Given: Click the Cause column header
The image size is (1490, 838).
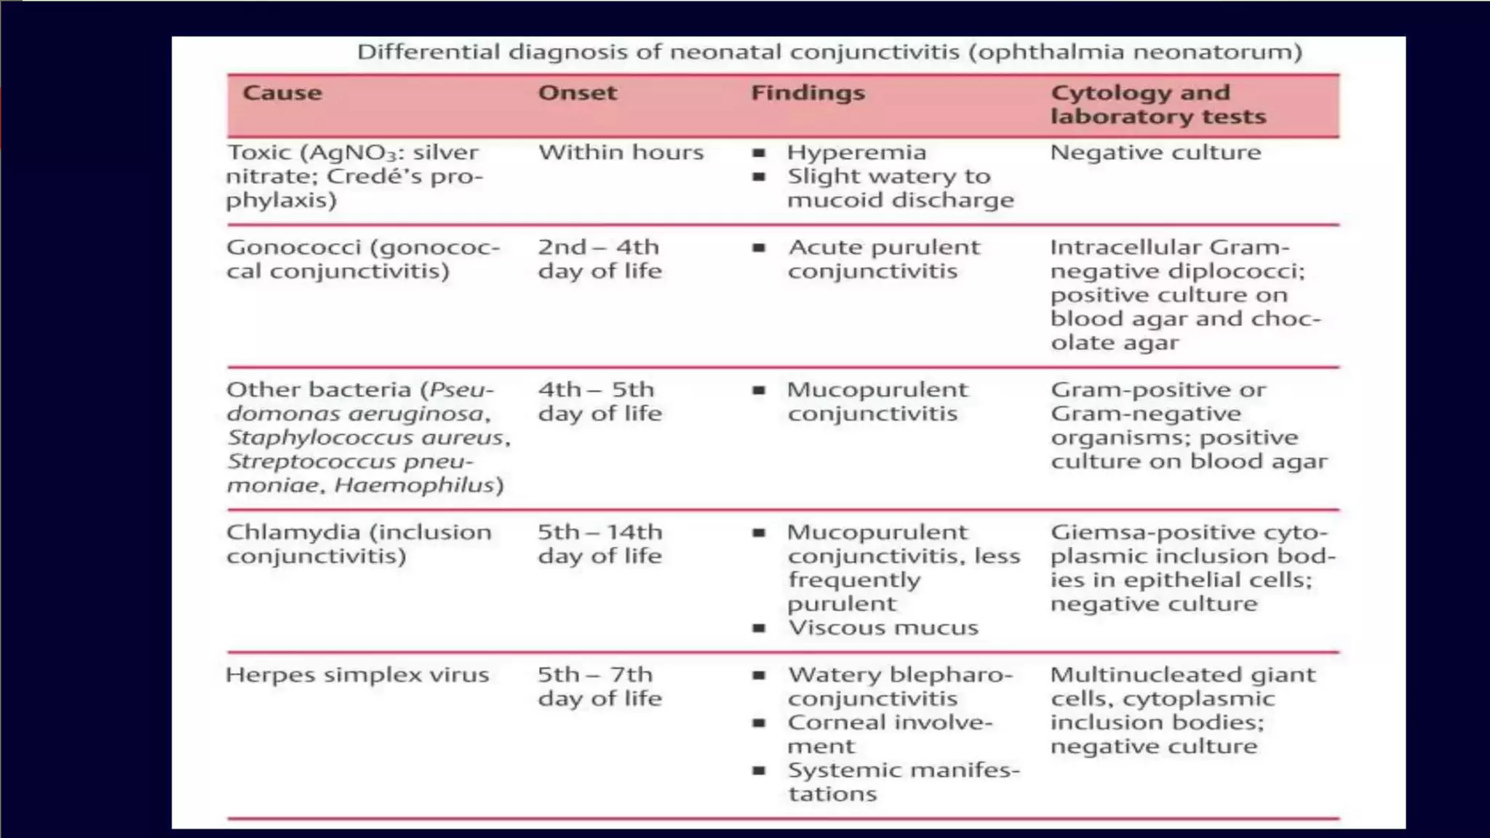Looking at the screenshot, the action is pos(282,93).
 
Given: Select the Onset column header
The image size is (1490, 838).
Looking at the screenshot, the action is pos(577,93).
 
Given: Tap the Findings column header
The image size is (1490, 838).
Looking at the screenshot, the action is pos(808,93).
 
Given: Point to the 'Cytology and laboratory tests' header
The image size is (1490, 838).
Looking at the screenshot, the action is pos(1158,105).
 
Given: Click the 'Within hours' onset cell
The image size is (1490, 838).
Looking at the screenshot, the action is pos(621,153).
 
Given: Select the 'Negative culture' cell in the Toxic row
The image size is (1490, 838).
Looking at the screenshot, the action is pos(1155,153).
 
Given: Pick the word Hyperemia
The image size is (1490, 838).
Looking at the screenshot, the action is pos(856,153).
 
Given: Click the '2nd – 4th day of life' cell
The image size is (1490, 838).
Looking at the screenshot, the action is pos(599,259).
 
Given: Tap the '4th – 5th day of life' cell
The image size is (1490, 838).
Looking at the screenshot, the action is pos(599,402).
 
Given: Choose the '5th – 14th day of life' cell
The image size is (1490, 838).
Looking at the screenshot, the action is pos(599,544).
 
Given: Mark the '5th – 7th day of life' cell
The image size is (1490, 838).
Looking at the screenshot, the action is pos(599,687).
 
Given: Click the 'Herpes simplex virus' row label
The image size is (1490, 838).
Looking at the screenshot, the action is pos(357,675).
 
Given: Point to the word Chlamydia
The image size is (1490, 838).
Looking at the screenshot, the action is pos(293,532).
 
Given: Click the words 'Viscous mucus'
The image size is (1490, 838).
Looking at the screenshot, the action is pos(883,628).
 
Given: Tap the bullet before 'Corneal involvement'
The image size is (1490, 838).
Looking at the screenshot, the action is pos(759,723).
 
